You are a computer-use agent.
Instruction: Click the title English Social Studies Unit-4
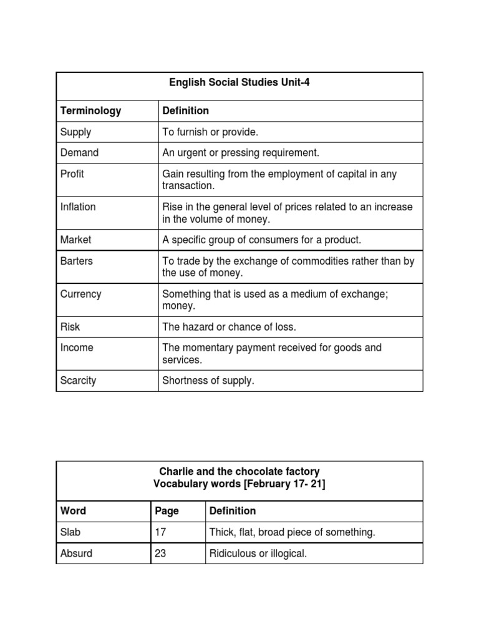click(239, 82)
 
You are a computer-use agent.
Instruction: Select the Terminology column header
click(90, 111)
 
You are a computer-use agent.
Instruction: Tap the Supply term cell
click(75, 132)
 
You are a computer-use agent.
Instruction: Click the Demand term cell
click(79, 153)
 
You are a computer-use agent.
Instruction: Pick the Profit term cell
click(72, 174)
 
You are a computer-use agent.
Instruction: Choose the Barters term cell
click(76, 261)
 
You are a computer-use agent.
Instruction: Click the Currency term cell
click(80, 295)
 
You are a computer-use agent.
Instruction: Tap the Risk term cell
click(70, 327)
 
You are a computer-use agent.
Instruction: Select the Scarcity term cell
click(78, 381)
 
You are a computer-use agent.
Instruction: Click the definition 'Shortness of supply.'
click(208, 381)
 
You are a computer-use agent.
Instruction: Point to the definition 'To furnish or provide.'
click(210, 132)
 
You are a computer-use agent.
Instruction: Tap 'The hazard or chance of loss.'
click(229, 327)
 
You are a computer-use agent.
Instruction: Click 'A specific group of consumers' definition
click(261, 240)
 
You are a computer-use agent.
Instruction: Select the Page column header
click(167, 511)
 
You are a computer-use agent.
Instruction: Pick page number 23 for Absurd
click(160, 554)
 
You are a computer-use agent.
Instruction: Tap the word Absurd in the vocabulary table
click(76, 554)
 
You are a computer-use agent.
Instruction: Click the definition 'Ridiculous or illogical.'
click(258, 554)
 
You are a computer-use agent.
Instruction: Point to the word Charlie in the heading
click(177, 472)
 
